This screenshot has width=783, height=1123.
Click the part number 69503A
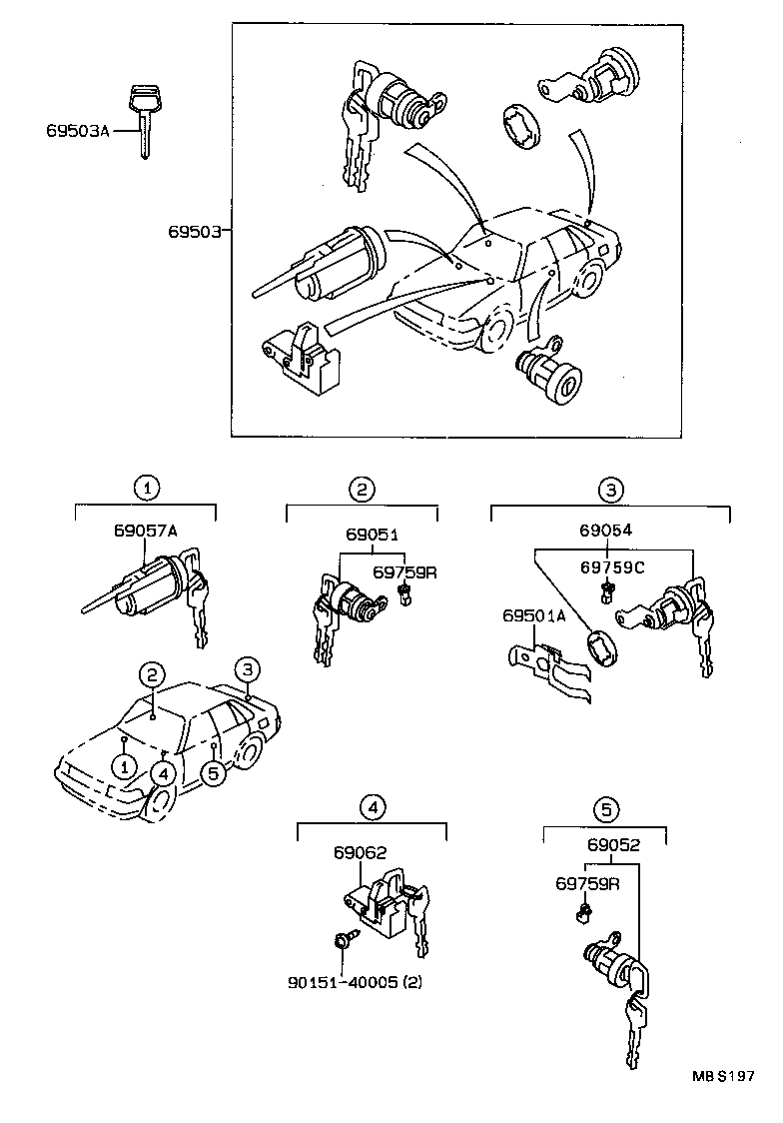(77, 130)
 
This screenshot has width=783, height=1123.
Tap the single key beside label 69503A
(144, 120)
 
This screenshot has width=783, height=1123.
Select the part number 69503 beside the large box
(194, 231)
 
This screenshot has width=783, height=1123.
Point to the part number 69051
(372, 535)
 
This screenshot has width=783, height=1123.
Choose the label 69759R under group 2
(405, 572)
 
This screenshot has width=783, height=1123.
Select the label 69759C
(612, 567)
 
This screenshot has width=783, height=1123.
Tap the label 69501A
(533, 616)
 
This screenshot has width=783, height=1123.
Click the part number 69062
(360, 852)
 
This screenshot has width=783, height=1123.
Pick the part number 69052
(613, 844)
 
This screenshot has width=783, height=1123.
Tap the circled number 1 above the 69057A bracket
(147, 489)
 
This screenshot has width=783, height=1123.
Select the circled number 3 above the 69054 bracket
(610, 490)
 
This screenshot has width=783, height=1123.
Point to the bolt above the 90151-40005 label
(342, 939)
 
